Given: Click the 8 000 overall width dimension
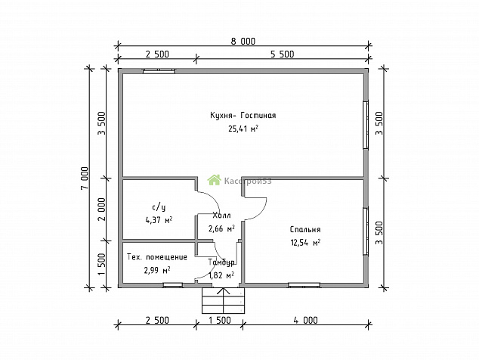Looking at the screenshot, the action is (243, 42).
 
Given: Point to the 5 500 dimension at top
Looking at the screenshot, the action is (282, 54).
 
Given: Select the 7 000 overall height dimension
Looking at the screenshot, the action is (85, 178).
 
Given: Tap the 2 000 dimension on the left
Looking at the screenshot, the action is (102, 209).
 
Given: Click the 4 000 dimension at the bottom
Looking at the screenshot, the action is (305, 320).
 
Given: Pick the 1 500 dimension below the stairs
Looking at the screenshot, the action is (220, 320).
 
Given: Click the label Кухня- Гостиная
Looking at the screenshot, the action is (243, 115).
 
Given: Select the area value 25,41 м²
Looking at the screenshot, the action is (243, 129).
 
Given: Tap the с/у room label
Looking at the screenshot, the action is (159, 207).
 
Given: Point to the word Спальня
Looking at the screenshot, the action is (305, 229).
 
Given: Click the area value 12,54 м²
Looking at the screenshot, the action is (305, 243).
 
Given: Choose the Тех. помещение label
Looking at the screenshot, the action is (156, 257).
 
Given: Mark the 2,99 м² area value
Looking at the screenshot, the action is (156, 270).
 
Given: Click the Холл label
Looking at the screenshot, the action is (221, 216).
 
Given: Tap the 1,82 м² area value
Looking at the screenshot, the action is (221, 275).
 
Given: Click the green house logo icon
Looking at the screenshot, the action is (214, 180).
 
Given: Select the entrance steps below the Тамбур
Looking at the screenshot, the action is (224, 301).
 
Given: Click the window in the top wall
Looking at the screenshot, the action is (159, 71).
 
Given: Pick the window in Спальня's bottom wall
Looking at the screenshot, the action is (304, 285).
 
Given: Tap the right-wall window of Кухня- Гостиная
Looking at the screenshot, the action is (366, 125).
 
